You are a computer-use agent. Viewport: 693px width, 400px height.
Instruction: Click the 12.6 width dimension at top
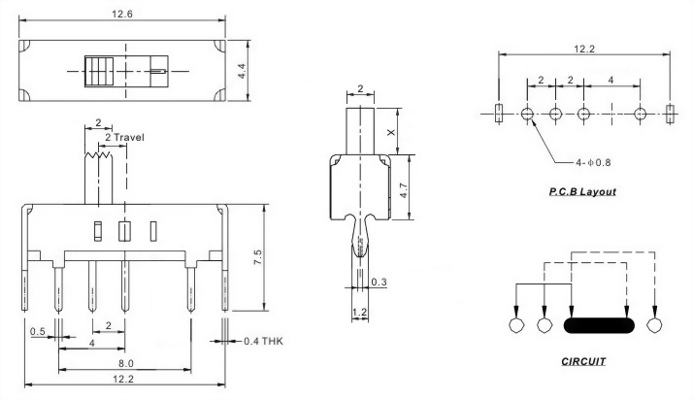(x=122, y=14)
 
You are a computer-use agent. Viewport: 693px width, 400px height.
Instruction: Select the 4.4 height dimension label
(x=242, y=71)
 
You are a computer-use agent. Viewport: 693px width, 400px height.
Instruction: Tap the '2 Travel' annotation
(x=124, y=138)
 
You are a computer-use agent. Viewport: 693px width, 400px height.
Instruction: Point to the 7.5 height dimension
(x=257, y=257)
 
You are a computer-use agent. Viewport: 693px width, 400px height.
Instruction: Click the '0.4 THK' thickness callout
(x=263, y=341)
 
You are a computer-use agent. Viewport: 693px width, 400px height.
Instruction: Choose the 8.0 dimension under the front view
(x=125, y=363)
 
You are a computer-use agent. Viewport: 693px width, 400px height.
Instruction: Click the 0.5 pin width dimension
(x=38, y=331)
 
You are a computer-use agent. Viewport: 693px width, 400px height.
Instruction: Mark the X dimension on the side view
(x=391, y=132)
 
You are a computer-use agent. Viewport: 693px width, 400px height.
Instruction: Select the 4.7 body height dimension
(x=403, y=189)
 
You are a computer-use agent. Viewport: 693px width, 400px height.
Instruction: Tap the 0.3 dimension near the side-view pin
(x=379, y=282)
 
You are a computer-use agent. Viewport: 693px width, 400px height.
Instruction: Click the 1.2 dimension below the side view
(x=360, y=312)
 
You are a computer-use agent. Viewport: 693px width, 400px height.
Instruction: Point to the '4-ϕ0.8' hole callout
(x=593, y=163)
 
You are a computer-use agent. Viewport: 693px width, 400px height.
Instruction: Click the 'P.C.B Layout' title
(x=582, y=192)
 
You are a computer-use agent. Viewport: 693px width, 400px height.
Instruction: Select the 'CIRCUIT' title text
(x=583, y=361)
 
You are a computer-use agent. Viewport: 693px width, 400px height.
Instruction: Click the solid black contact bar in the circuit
(x=599, y=326)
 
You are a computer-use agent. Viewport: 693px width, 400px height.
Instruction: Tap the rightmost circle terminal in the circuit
(x=654, y=325)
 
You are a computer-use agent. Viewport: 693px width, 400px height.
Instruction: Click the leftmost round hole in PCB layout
(x=527, y=114)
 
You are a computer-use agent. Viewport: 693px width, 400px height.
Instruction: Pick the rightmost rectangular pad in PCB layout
(x=670, y=114)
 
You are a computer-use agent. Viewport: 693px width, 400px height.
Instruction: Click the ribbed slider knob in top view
(x=99, y=71)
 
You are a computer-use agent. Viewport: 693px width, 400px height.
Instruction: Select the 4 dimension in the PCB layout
(x=611, y=80)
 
